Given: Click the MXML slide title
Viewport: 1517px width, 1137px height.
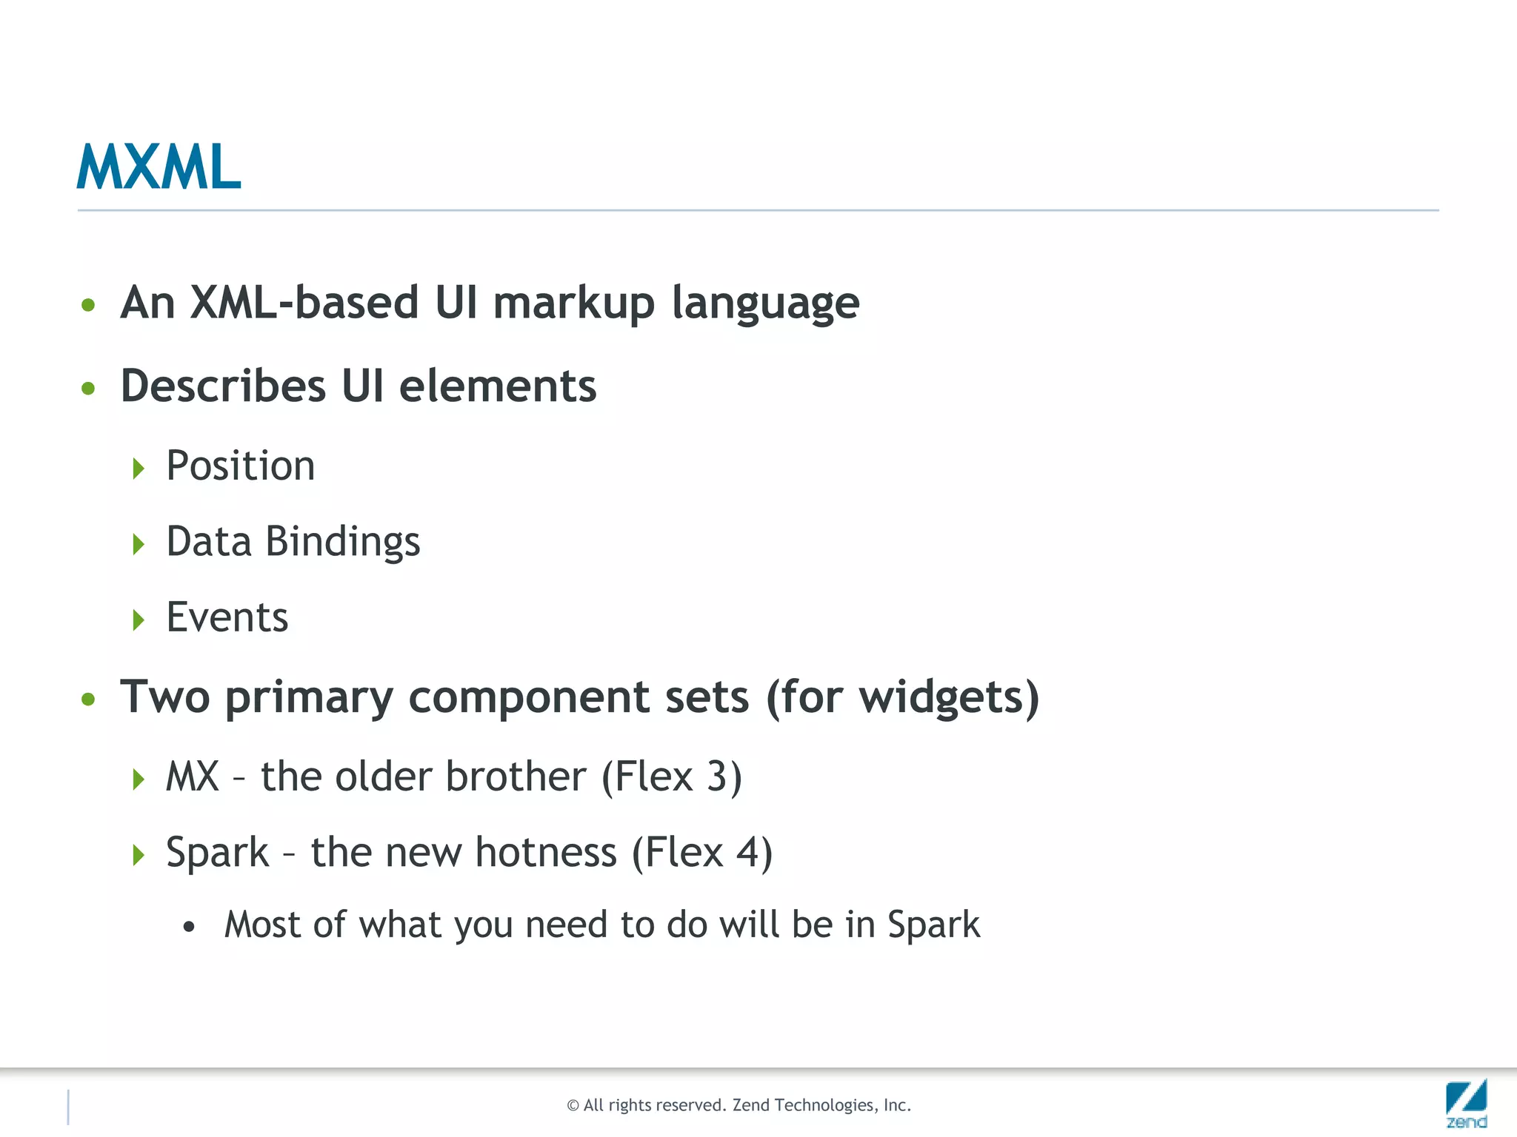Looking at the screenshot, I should click(x=159, y=167).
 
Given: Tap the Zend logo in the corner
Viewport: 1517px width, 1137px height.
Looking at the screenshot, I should click(x=1466, y=1103).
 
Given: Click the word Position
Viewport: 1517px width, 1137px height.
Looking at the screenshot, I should click(x=241, y=466).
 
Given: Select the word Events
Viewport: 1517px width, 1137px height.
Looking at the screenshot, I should click(x=227, y=617).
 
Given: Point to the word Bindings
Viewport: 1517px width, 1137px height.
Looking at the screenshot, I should click(x=342, y=543).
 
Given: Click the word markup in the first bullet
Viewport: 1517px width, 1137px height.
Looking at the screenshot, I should click(x=574, y=303).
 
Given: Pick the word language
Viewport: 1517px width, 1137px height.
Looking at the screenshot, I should click(x=765, y=303).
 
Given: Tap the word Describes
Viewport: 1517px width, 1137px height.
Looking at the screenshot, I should click(x=223, y=386).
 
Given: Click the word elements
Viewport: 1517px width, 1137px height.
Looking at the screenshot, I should click(x=498, y=386).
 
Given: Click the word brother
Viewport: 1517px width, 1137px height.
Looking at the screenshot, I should click(x=516, y=777).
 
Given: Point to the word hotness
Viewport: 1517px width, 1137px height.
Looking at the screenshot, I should click(x=546, y=853).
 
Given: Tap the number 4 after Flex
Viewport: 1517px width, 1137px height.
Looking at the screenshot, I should click(x=747, y=853).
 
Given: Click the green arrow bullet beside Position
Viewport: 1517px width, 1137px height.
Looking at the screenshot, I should click(x=138, y=469).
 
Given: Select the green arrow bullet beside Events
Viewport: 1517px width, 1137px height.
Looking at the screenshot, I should click(x=138, y=620).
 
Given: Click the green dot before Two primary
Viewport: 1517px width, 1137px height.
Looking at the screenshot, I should click(x=89, y=700).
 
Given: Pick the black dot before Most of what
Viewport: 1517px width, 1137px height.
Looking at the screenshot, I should click(x=190, y=927).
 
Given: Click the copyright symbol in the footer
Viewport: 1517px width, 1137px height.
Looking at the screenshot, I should click(x=573, y=1106).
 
